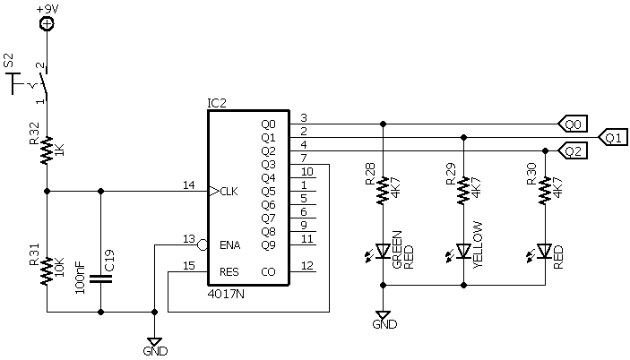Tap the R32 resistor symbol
pos(47,149)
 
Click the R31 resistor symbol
pos(47,268)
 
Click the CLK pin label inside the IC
pos(229,191)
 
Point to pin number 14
pos(189,184)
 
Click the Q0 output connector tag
pos(574,124)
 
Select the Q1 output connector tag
pos(612,137)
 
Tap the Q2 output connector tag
pos(574,150)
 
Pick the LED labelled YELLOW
pos(464,251)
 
